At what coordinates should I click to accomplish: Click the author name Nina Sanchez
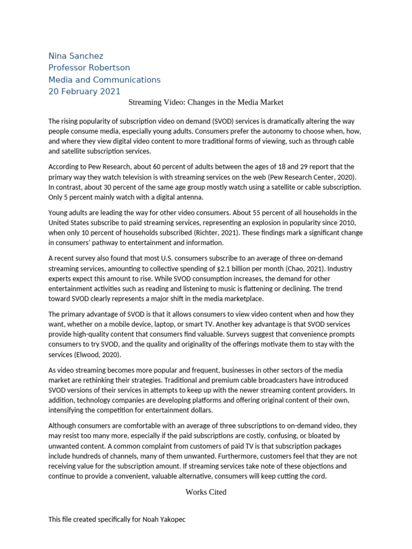76,56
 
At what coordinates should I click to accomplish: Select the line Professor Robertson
89,68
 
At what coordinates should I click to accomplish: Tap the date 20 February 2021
84,91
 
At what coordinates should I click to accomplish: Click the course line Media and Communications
104,79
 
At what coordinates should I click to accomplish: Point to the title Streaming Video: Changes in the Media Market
206,102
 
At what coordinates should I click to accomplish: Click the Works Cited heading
206,492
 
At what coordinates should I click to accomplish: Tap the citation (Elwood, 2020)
105,354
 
